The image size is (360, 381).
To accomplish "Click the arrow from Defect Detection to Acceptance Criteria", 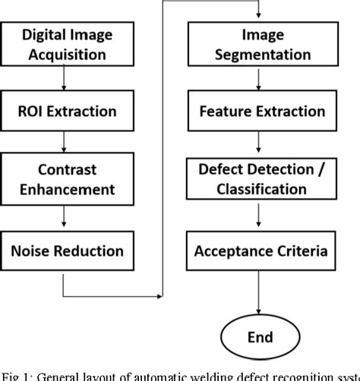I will click(260, 217).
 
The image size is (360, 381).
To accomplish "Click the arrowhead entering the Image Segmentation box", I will click(261, 18).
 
